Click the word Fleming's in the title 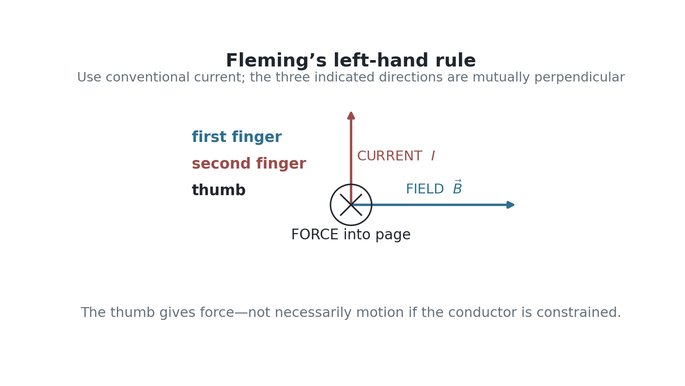click(x=277, y=60)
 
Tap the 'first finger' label click(x=237, y=137)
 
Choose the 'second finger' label click(x=249, y=163)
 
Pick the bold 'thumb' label click(x=219, y=190)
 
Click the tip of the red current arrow click(x=351, y=112)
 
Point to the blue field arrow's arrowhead click(x=510, y=205)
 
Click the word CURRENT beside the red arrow click(x=390, y=156)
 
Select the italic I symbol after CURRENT click(x=433, y=156)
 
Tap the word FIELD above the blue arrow click(x=425, y=189)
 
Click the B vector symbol click(x=458, y=187)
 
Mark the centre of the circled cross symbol click(x=351, y=205)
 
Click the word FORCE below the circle click(x=315, y=235)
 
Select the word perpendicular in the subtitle click(x=580, y=78)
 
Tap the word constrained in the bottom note click(x=579, y=313)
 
